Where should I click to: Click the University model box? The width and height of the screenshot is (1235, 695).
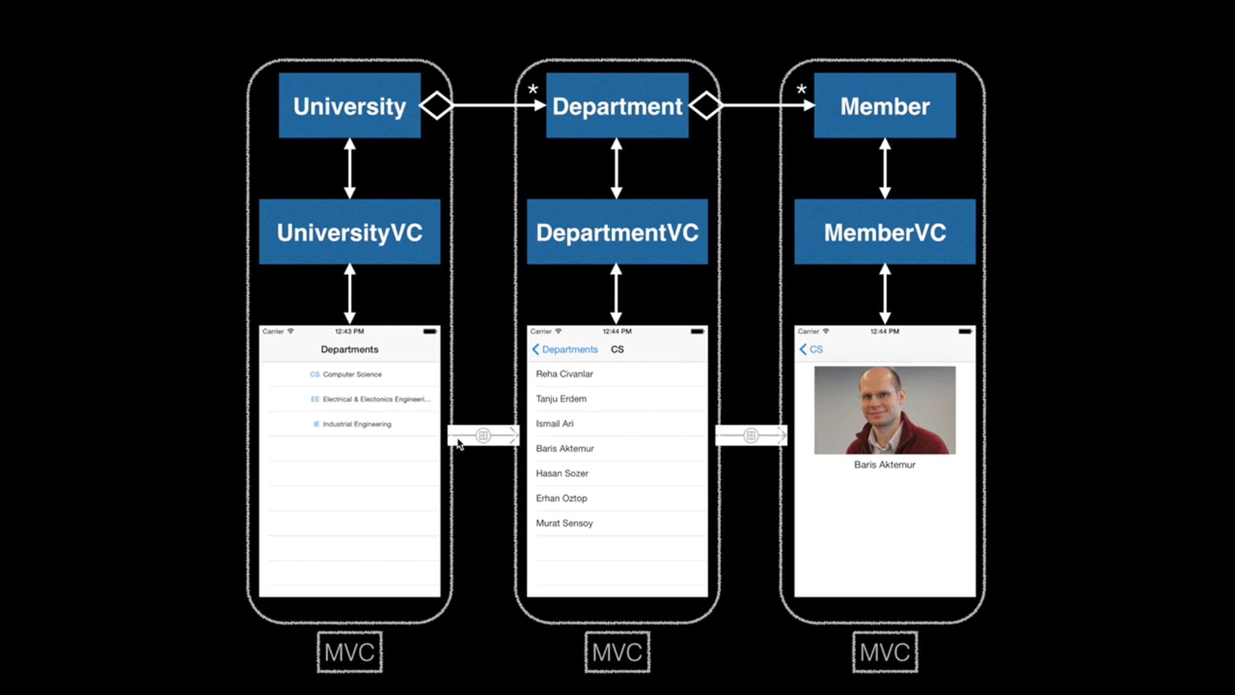tap(350, 106)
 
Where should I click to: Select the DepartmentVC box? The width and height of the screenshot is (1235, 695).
tap(617, 232)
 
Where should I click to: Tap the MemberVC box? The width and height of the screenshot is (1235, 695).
tap(885, 232)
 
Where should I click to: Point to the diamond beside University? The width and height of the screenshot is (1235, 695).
tap(436, 106)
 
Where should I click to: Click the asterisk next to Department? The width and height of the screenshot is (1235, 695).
tap(533, 90)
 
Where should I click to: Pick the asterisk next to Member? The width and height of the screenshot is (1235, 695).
tap(801, 90)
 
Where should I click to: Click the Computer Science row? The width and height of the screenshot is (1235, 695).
tap(349, 374)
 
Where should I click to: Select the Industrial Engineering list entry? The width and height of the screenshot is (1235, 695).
tap(352, 424)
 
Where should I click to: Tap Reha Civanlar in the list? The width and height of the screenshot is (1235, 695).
tap(564, 374)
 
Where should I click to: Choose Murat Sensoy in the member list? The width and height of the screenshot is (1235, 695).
tap(564, 523)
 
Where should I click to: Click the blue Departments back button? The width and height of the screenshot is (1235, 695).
tap(565, 350)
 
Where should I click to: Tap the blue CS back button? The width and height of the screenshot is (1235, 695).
tap(811, 350)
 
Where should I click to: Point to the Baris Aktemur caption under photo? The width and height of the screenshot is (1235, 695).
tap(885, 465)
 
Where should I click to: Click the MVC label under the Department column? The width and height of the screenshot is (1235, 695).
tap(617, 652)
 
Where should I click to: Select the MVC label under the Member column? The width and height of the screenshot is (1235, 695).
tap(885, 652)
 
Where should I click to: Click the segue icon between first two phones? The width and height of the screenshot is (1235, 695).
tap(483, 436)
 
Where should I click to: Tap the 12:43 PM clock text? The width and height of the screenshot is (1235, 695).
tap(349, 332)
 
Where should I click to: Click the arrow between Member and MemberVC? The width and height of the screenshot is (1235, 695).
tap(885, 168)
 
